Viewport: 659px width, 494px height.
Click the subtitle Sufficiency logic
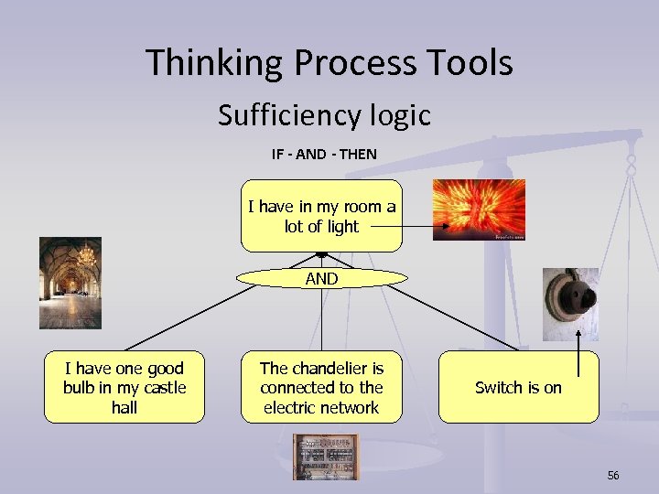[x=324, y=115]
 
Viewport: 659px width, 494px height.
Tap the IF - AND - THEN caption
[x=323, y=154]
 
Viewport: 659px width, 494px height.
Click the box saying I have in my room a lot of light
[x=321, y=216]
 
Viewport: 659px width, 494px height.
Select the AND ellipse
[x=321, y=279]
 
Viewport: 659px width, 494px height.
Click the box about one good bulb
[x=124, y=387]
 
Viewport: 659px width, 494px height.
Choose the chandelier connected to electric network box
[x=321, y=387]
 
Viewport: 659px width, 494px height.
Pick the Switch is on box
[x=518, y=387]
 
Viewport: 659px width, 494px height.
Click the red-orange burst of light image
[x=479, y=209]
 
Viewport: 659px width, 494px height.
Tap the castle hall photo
[x=70, y=283]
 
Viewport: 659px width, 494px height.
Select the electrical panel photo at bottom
[x=326, y=456]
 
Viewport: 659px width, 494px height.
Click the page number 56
[x=612, y=475]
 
